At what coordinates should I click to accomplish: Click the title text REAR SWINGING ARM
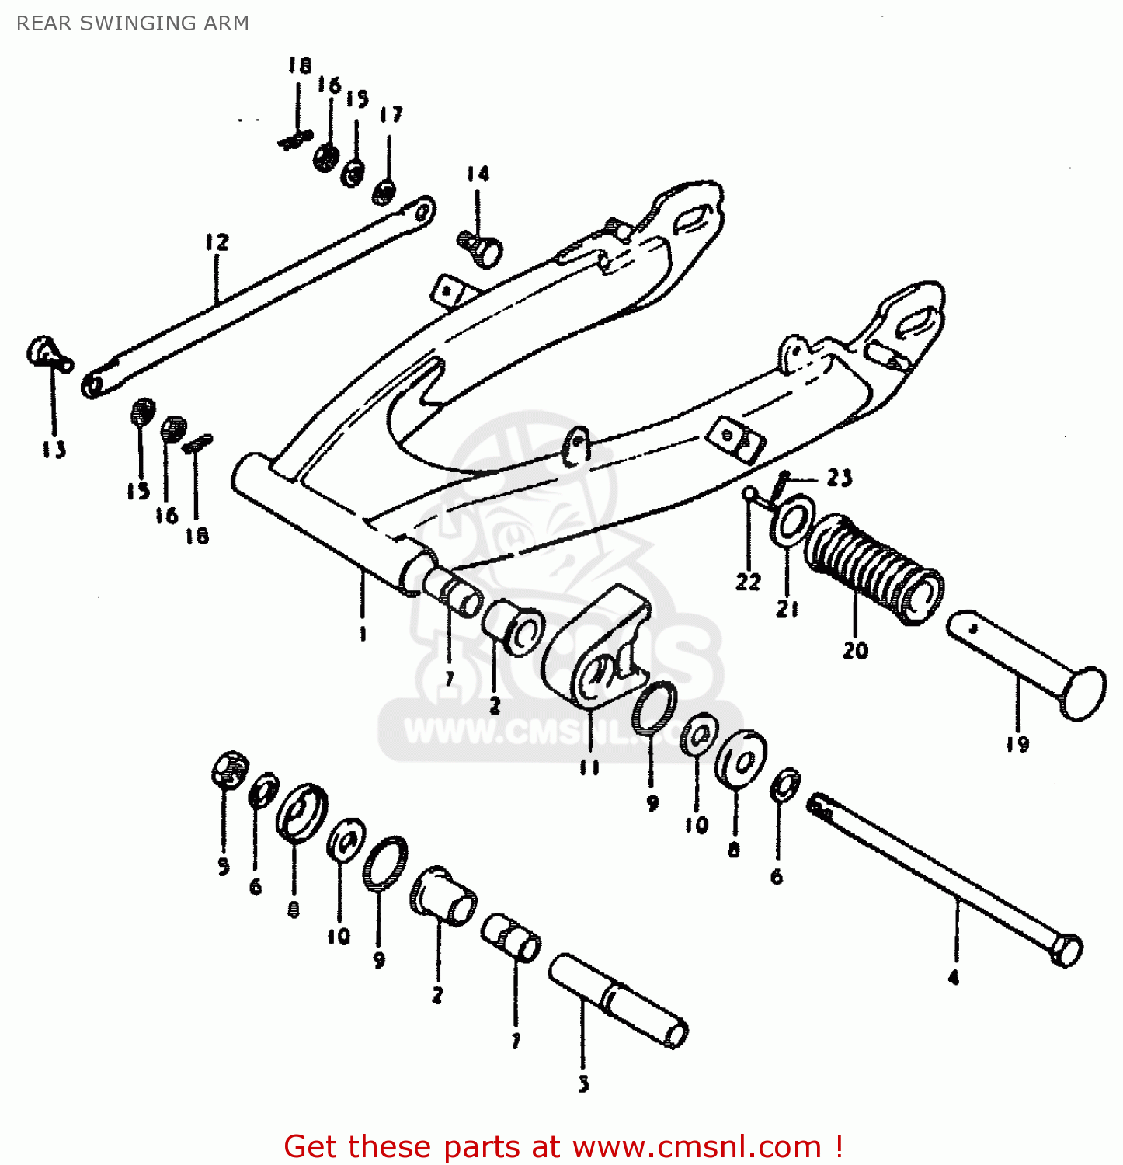click(133, 23)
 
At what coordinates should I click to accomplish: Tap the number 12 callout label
click(217, 242)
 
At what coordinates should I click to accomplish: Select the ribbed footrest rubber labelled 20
click(874, 568)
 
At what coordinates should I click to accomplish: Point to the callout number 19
click(1017, 744)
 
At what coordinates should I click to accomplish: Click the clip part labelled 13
click(47, 353)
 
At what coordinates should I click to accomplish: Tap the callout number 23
click(839, 478)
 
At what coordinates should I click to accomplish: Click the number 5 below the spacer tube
click(584, 1084)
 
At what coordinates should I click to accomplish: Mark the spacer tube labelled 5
click(618, 1002)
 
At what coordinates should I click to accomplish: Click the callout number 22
click(749, 582)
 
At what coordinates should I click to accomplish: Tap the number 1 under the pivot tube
click(363, 634)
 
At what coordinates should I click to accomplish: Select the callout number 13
click(54, 450)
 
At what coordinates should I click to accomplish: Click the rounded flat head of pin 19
click(1084, 693)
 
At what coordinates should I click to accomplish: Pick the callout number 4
click(954, 978)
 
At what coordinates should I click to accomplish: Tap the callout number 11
click(589, 767)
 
